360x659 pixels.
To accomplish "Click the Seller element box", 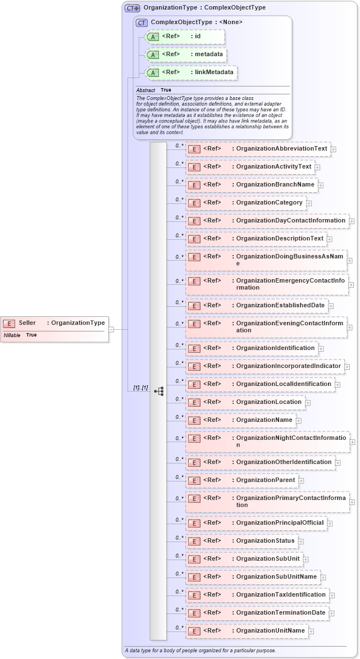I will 54,323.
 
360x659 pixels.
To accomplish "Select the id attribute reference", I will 185,37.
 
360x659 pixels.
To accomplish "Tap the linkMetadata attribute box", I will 191,72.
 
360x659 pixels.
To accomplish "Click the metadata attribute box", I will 186,54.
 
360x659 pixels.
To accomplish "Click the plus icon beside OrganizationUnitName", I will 311,631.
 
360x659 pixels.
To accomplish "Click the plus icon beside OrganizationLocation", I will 308,402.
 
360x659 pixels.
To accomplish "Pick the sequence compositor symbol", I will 158,391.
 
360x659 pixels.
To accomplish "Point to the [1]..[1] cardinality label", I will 140,388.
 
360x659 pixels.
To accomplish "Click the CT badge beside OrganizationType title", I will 133,8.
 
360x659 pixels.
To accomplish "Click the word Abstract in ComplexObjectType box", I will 145,90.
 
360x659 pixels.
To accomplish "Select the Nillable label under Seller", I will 12,335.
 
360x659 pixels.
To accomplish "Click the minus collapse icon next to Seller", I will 111,329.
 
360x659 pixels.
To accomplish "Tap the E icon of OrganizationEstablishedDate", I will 194,306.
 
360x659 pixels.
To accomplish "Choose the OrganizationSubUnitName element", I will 252,577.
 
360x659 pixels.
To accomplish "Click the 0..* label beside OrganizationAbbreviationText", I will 179,146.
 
